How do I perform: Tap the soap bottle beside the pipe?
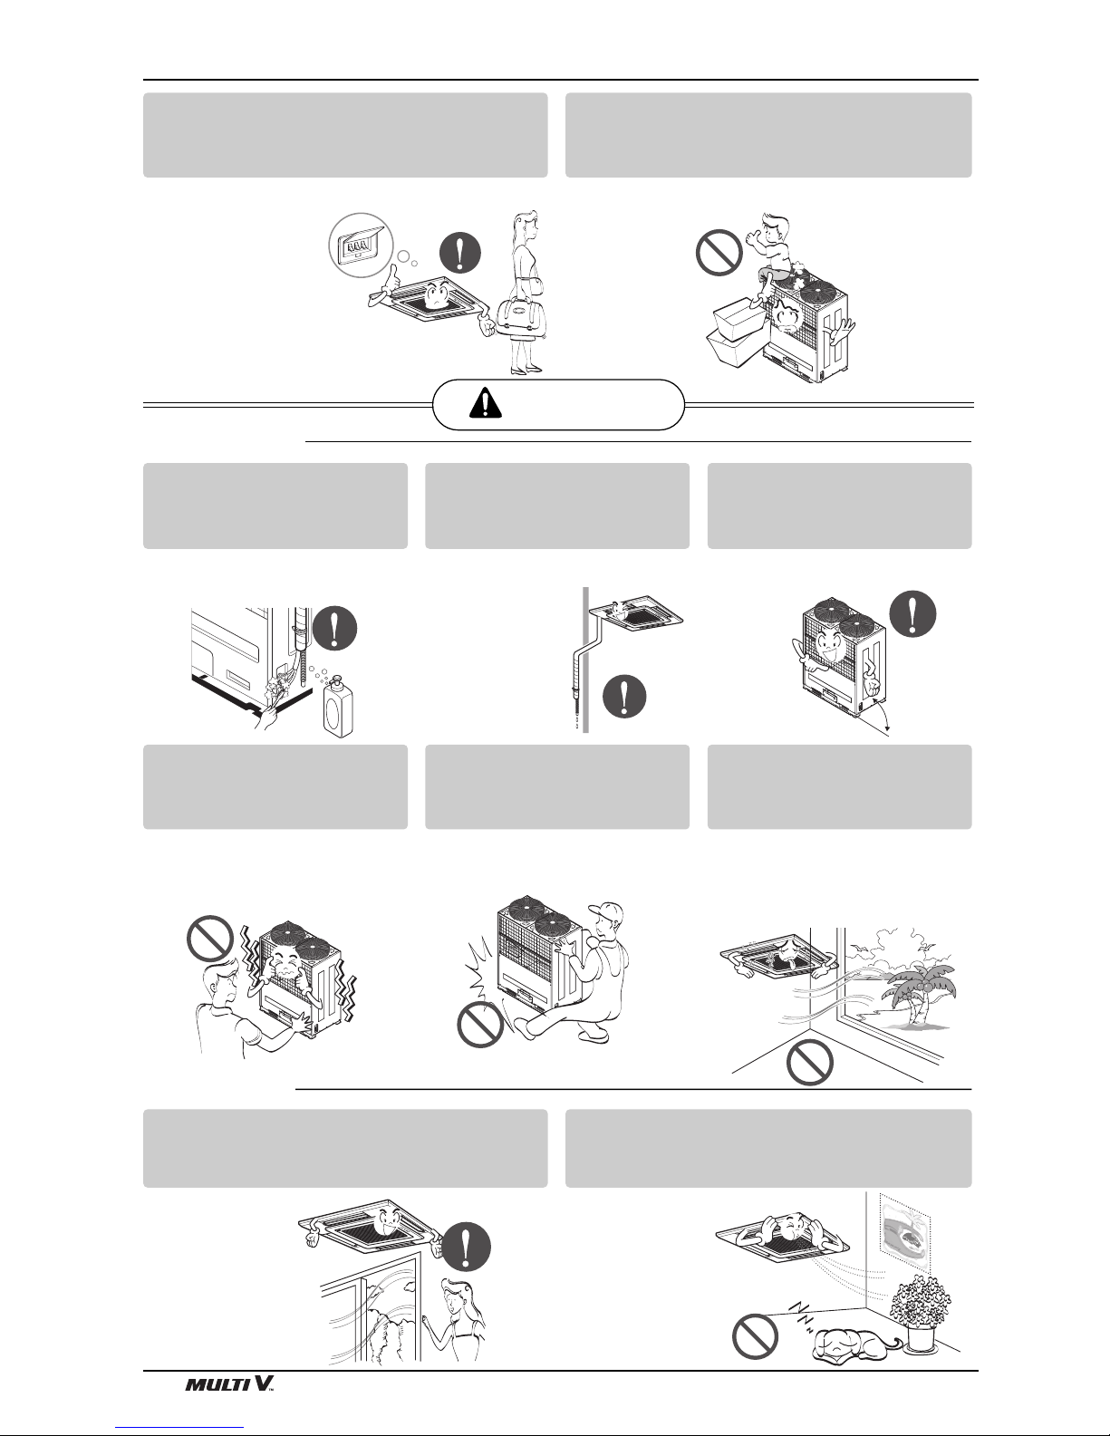tap(338, 705)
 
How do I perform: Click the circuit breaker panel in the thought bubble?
tap(361, 246)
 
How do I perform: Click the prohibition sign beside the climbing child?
tap(719, 253)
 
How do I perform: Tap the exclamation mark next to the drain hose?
tap(624, 696)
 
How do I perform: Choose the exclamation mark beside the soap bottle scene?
tap(335, 629)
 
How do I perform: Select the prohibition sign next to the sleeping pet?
tap(755, 1336)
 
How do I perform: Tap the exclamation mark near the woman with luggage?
tap(460, 253)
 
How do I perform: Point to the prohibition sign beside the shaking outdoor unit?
tap(211, 939)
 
